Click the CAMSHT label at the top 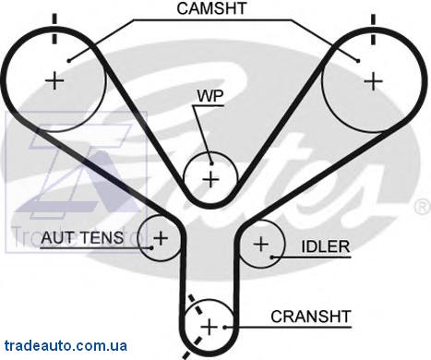click(x=211, y=8)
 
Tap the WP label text click(x=210, y=96)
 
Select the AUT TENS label click(x=82, y=237)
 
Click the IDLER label click(x=326, y=246)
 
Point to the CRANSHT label click(x=311, y=317)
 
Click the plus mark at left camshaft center click(x=54, y=81)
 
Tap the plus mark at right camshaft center click(x=373, y=81)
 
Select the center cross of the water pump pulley click(x=210, y=179)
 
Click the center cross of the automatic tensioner click(x=161, y=238)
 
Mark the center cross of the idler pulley click(x=261, y=244)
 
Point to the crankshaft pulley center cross click(x=210, y=327)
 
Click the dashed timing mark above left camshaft click(x=54, y=29)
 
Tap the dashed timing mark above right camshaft click(x=373, y=29)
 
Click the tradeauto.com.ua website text click(x=66, y=345)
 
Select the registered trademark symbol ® click(x=424, y=207)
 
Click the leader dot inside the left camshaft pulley click(x=69, y=61)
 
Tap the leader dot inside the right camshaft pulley click(x=358, y=61)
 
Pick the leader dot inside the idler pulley click(x=272, y=257)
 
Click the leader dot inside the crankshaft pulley click(x=225, y=327)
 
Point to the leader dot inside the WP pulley click(x=211, y=163)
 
